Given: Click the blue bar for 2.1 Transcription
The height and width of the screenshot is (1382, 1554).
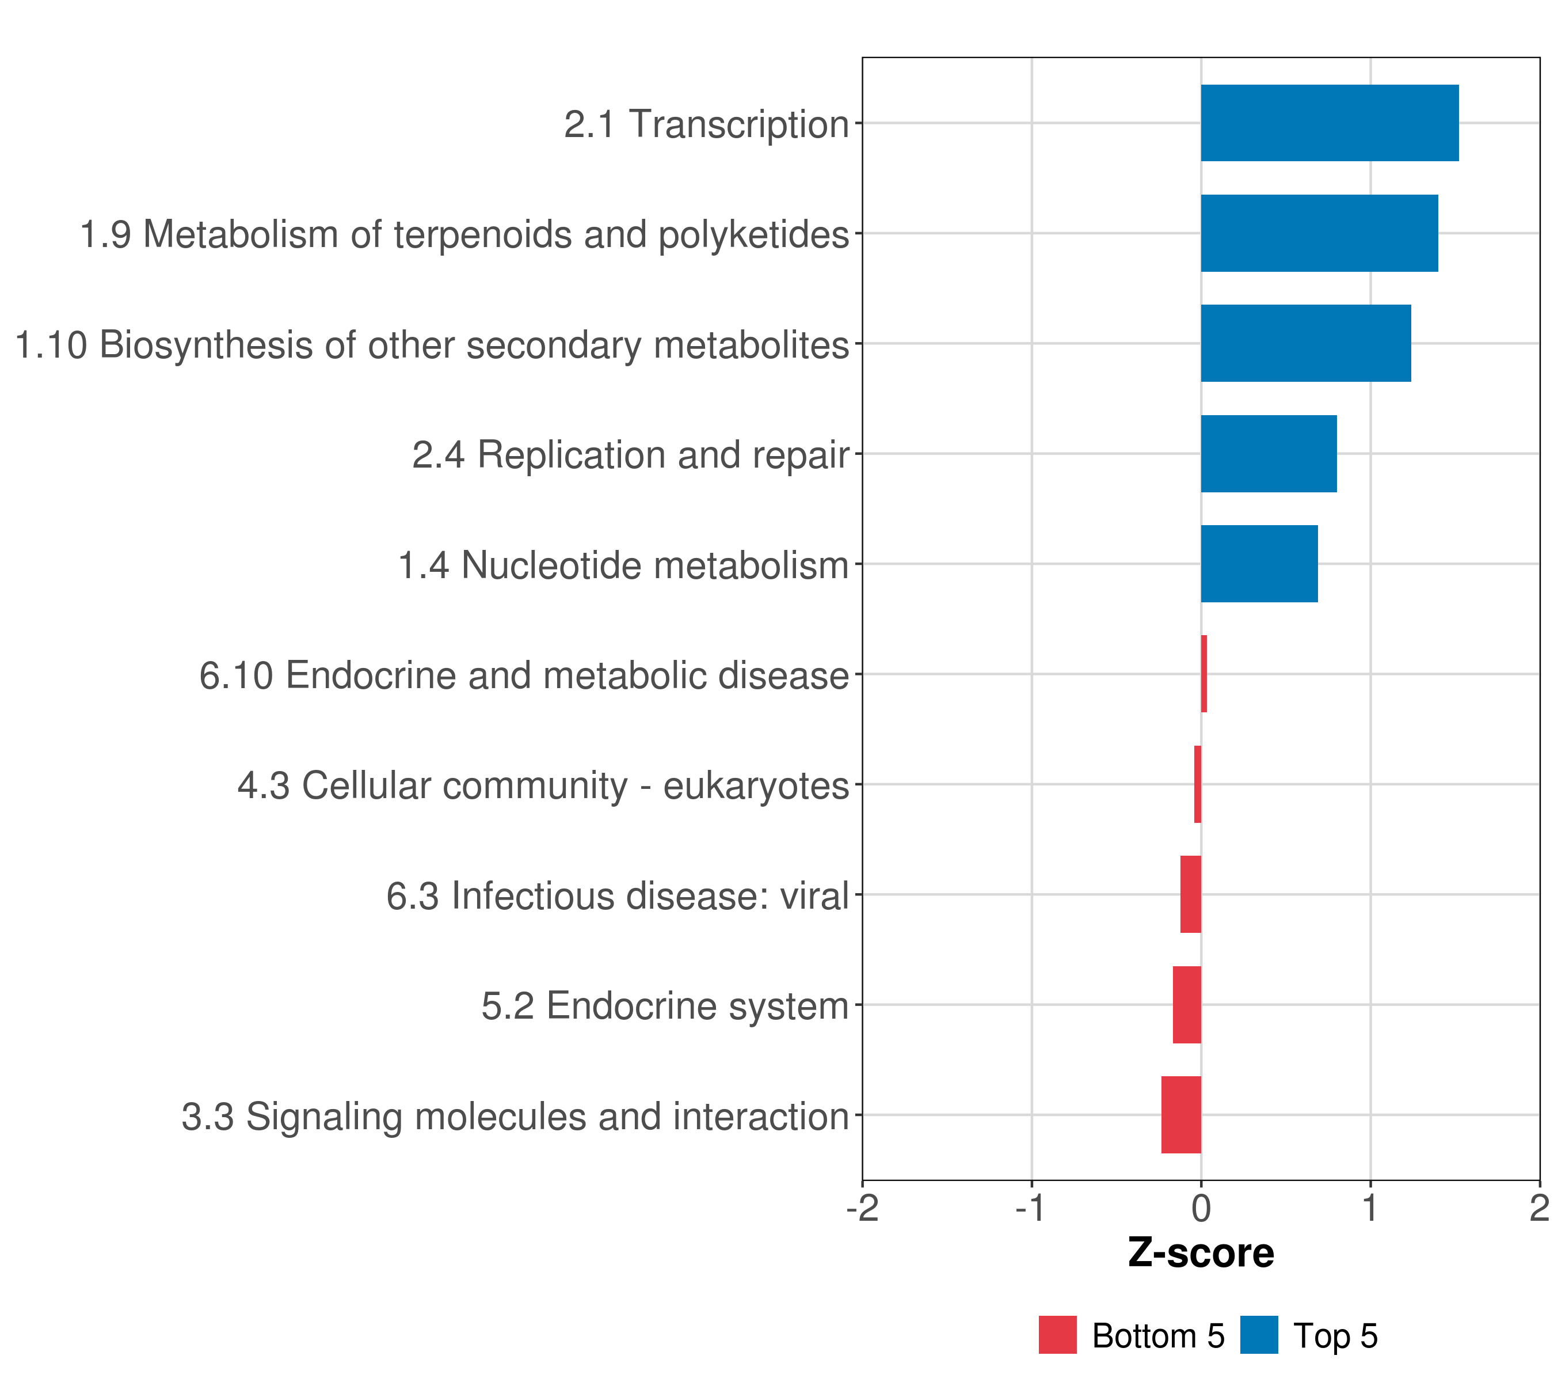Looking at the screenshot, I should (1329, 123).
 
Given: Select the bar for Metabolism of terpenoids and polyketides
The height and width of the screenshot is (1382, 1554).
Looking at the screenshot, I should (1319, 234).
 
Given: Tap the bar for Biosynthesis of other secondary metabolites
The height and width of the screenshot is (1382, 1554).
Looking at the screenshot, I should (1305, 343).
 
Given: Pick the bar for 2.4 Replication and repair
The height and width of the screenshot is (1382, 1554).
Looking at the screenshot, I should (1268, 454).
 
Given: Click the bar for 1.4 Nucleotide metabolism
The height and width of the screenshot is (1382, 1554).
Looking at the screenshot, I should (1259, 564).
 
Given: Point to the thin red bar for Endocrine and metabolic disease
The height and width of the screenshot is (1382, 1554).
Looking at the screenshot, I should (1204, 674).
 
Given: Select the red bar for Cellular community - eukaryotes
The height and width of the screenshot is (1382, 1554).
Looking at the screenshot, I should (1197, 784).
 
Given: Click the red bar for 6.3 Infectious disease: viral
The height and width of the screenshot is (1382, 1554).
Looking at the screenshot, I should (1191, 894).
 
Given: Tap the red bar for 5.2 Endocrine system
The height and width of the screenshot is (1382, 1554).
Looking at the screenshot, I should (1187, 1005).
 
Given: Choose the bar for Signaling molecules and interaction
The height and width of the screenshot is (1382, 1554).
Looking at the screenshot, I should (1180, 1115).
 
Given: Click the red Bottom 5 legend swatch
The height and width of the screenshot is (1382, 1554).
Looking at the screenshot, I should (1057, 1335).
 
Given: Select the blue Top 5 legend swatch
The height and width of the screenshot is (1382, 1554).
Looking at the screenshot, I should (1259, 1335).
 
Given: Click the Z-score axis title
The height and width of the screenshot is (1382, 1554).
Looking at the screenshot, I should (1201, 1252).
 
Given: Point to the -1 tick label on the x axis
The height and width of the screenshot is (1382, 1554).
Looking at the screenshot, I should (1030, 1209).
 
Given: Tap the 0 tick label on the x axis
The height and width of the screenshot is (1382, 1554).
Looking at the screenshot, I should (1201, 1209).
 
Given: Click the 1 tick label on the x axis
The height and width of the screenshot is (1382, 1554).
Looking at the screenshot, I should (1370, 1209).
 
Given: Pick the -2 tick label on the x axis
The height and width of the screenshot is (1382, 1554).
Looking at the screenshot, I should (862, 1209).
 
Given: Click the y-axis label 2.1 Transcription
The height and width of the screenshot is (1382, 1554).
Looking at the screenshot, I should (706, 124).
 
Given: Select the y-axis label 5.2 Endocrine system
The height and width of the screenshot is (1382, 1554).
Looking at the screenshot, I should (665, 1005).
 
